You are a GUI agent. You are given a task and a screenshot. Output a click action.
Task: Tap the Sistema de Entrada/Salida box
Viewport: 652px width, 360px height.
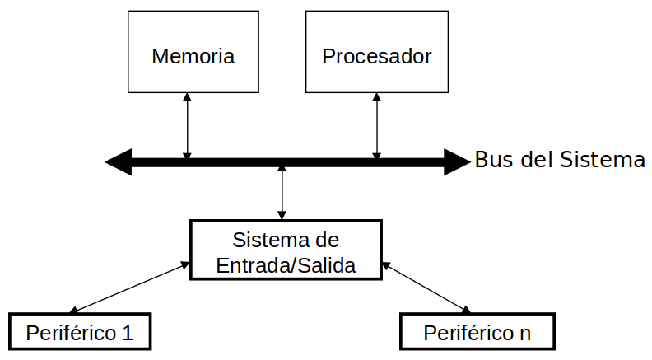[286, 250]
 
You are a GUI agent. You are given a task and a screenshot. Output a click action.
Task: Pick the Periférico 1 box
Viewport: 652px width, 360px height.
[80, 332]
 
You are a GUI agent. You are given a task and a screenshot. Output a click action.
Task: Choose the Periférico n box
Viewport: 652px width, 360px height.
[477, 332]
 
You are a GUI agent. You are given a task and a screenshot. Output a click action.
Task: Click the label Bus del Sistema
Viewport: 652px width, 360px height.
[560, 160]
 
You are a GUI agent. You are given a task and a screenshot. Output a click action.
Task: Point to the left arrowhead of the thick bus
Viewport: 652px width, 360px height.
[118, 162]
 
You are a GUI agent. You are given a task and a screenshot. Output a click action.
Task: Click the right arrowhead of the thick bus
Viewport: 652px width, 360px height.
[457, 162]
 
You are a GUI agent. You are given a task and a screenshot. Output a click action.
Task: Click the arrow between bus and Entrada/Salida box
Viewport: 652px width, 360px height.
[282, 191]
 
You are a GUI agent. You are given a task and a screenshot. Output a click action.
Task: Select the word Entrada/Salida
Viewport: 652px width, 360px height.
[286, 265]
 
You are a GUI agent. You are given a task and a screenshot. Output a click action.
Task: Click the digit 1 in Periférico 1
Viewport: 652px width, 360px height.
[127, 333]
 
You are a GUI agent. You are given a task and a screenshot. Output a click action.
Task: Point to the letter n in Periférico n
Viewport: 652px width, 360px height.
[525, 334]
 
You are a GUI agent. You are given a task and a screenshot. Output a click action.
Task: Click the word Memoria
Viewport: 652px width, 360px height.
[193, 57]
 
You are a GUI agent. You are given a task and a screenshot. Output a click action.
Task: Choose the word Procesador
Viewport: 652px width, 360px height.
[377, 57]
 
